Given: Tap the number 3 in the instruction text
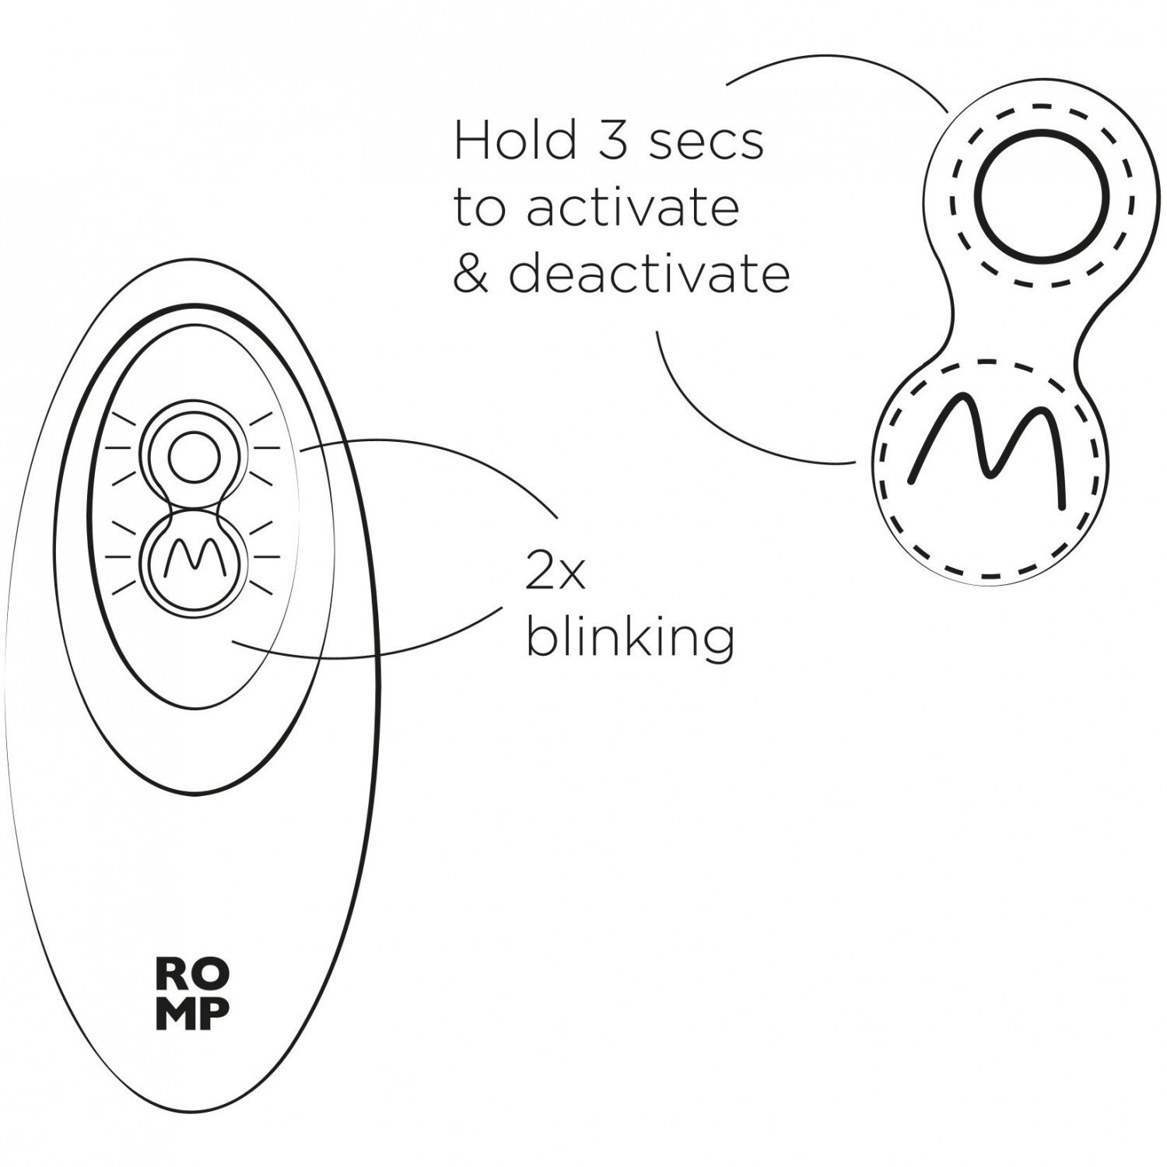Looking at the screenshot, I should coord(614,141).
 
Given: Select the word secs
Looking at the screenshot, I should coord(706,142).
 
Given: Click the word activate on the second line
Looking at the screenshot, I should coord(633,208).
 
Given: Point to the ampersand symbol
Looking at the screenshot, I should coord(470,274).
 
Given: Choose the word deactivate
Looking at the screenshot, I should coord(650,274).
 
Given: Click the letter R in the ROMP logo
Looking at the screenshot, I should coord(173,973).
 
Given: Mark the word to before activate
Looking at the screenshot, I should coord(479,209).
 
